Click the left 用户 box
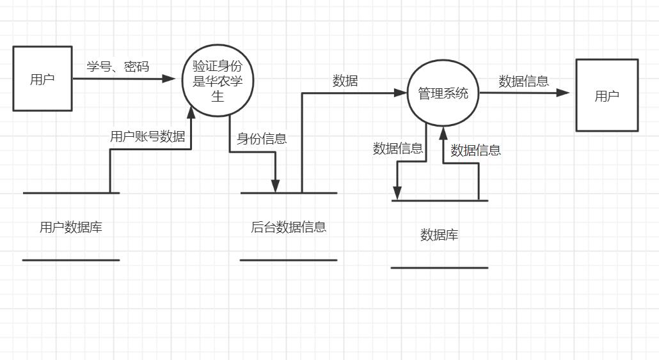click(42, 79)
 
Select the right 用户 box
click(607, 95)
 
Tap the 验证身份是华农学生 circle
click(218, 80)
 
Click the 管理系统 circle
click(443, 93)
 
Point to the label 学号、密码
click(118, 66)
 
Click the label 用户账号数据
click(148, 136)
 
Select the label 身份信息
click(262, 138)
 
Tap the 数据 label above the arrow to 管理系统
click(345, 81)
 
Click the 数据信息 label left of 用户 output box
click(523, 81)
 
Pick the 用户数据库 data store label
click(70, 227)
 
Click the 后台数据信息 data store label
click(289, 226)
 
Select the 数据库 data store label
click(439, 235)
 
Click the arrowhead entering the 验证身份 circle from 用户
click(169, 79)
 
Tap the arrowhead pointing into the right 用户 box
click(563, 93)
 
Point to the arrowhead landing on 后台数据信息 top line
click(276, 185)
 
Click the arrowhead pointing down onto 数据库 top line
click(397, 193)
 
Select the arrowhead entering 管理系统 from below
click(442, 132)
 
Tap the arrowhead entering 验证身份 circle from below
click(191, 113)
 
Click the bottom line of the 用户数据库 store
click(70, 260)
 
